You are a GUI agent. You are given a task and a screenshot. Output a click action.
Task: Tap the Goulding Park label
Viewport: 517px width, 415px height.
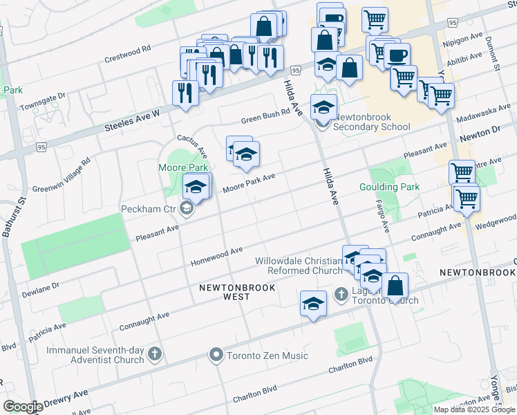pos(389,187)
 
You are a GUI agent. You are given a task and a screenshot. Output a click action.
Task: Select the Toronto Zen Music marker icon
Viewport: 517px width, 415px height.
pos(216,356)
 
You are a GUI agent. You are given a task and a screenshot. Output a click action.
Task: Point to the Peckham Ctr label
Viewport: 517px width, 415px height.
pos(147,208)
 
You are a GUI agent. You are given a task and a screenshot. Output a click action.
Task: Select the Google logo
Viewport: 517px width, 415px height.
pos(22,407)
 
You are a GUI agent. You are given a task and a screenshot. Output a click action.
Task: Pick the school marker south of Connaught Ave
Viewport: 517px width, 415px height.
pos(313,303)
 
